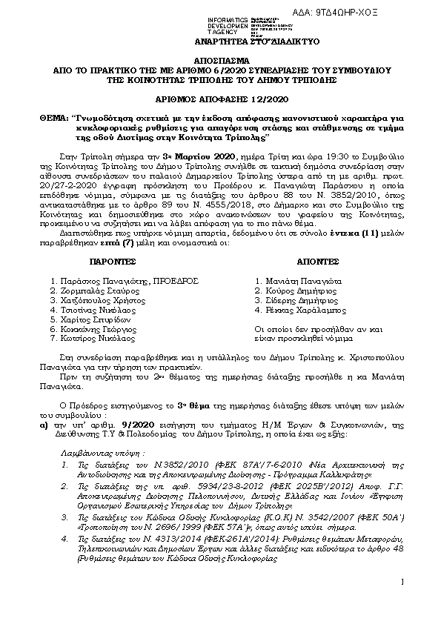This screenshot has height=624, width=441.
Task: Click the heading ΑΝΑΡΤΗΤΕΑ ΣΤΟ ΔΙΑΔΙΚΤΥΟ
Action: pyautogui.click(x=225, y=42)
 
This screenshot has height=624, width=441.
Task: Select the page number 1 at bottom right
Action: pyautogui.click(x=422, y=602)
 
